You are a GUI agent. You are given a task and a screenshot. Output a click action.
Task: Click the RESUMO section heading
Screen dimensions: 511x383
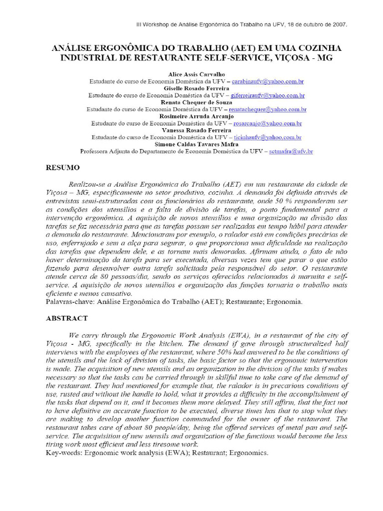63,168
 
